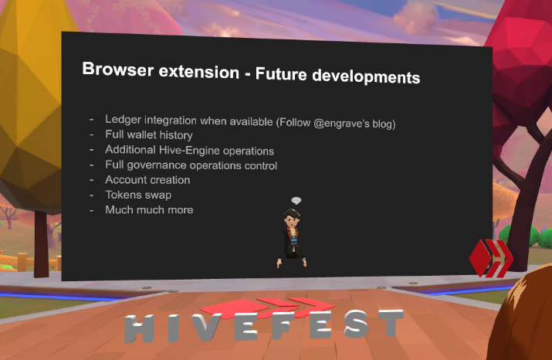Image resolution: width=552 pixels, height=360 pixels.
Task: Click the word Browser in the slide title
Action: click(x=118, y=69)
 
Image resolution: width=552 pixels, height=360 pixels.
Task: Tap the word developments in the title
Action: click(x=366, y=76)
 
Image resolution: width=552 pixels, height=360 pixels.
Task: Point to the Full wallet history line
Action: click(x=149, y=135)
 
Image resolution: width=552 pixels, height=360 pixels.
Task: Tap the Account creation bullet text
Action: click(x=147, y=180)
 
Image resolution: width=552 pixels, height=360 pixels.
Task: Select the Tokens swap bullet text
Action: click(x=138, y=195)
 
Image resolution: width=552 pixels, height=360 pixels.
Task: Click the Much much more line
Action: click(x=149, y=210)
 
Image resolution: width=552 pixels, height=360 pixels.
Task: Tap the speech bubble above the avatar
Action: click(x=296, y=200)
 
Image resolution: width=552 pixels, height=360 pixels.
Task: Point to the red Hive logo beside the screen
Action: click(x=491, y=258)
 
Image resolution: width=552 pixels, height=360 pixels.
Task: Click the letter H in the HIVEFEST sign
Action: click(x=140, y=328)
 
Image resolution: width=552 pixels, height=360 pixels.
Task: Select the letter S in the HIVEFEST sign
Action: click(x=357, y=324)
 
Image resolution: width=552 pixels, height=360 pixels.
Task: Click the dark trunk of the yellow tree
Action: click(x=41, y=244)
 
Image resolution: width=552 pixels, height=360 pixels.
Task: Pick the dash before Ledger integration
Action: click(x=92, y=120)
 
